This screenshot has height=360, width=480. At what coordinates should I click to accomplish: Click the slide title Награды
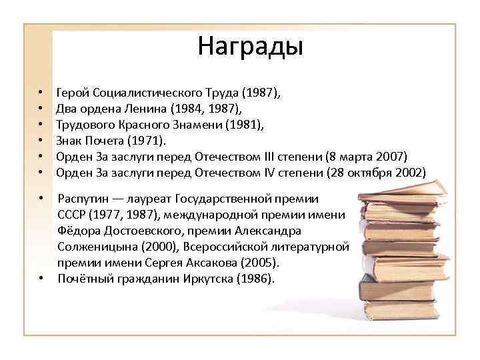coord(250,47)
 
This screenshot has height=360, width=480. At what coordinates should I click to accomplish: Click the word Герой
coord(73,93)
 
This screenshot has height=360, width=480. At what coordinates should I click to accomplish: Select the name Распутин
coord(83,199)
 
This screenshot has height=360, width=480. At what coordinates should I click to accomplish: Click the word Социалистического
coord(143,93)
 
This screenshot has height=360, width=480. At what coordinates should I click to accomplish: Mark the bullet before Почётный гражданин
coord(41,279)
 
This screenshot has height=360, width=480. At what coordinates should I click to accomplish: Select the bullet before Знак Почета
coord(41,141)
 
